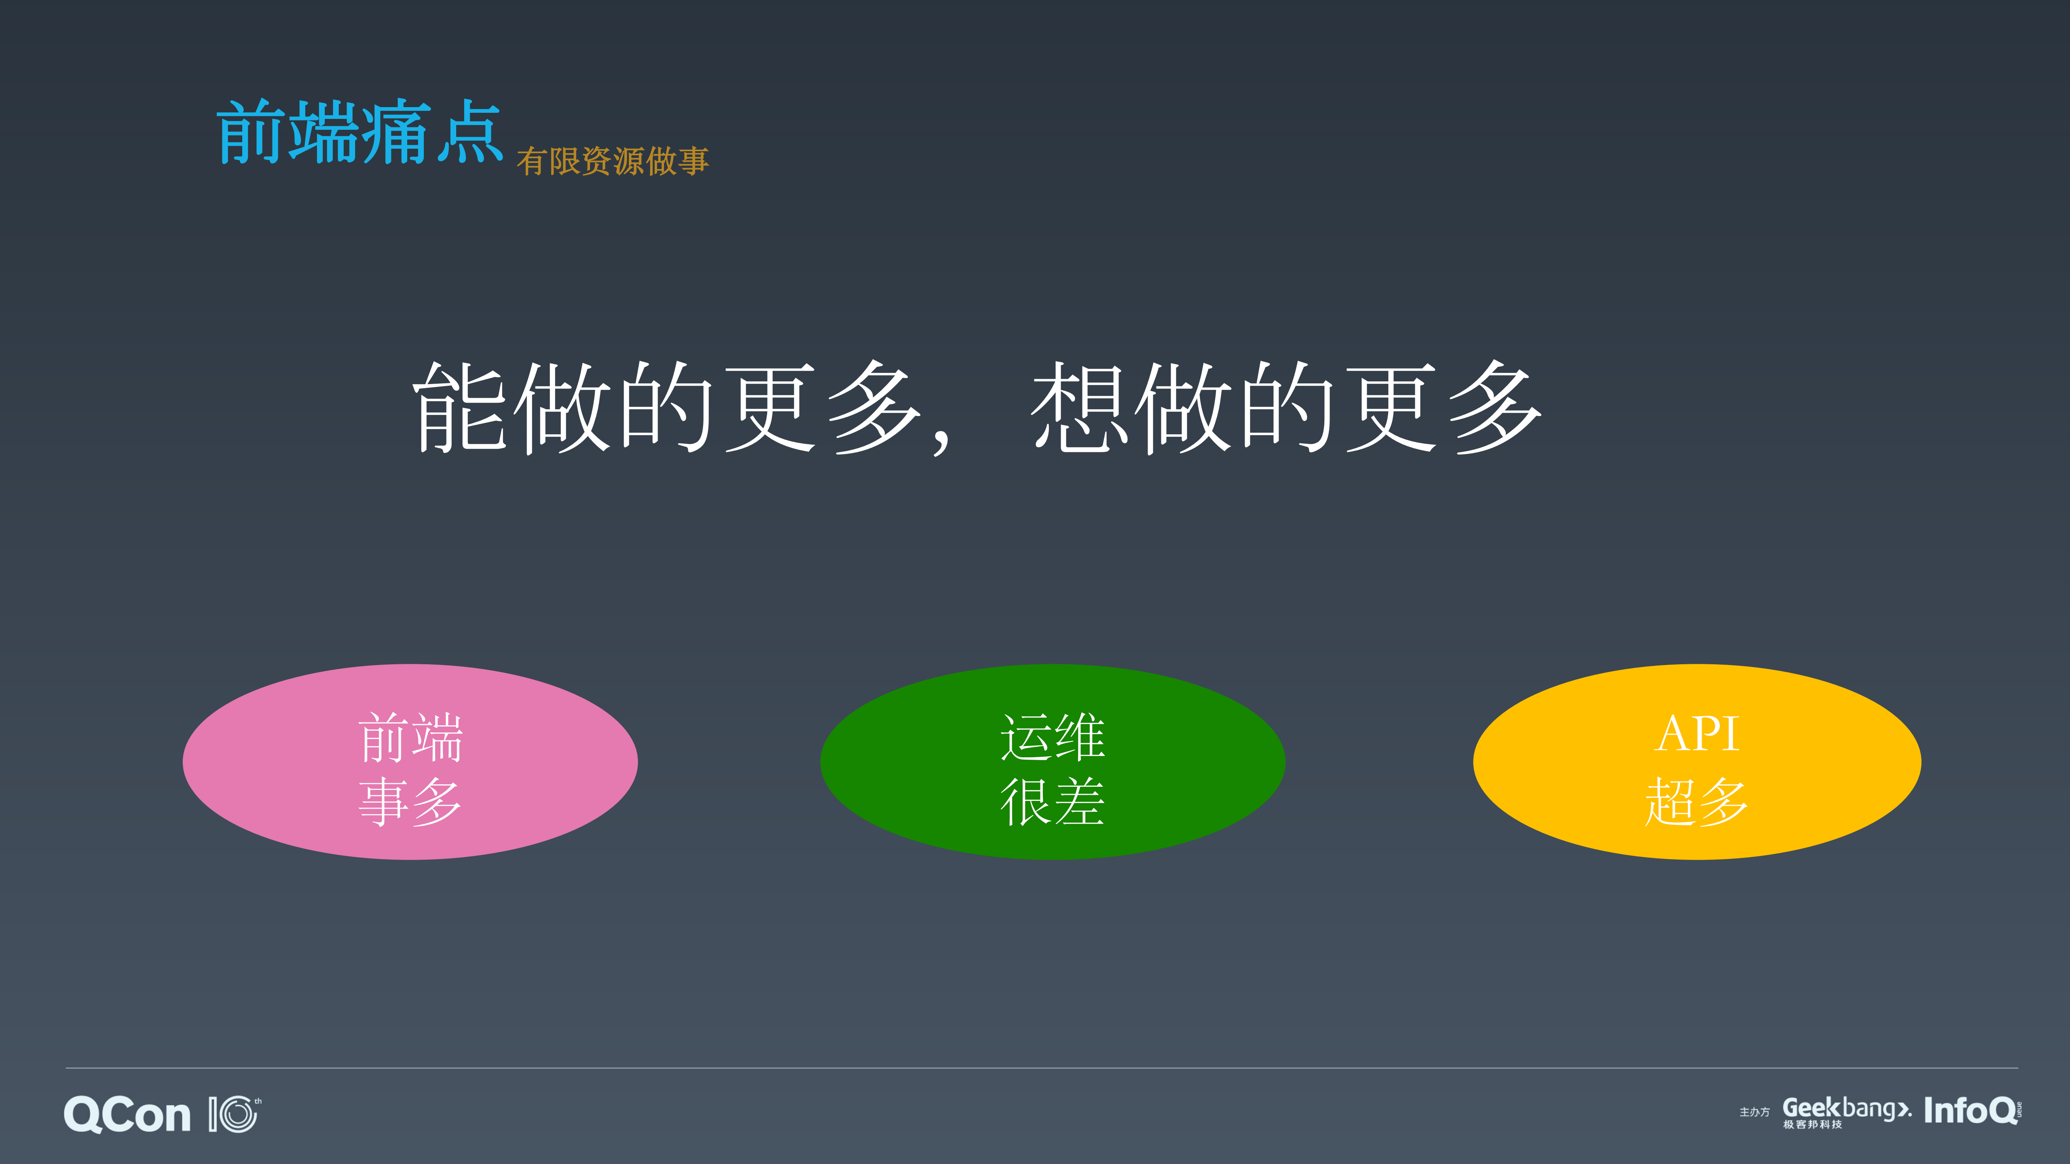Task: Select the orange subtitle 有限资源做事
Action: [x=612, y=161]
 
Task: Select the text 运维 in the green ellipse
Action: [x=1052, y=737]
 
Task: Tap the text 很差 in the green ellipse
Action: [x=1052, y=801]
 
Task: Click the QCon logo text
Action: [x=127, y=1115]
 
